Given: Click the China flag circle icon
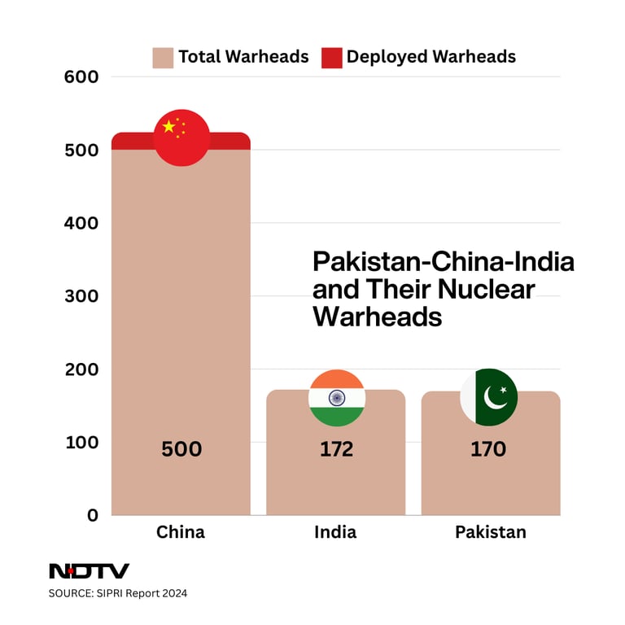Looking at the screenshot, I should click(x=181, y=138).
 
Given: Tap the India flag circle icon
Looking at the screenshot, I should click(x=336, y=398).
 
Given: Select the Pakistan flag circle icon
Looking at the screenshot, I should click(x=489, y=397).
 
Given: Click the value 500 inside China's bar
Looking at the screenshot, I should click(x=181, y=449).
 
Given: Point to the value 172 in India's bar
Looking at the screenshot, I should click(x=336, y=449).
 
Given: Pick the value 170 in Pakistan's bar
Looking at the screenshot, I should click(x=488, y=449).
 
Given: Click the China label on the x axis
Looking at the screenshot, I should click(x=181, y=532).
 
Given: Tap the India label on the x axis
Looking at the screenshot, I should click(x=335, y=532).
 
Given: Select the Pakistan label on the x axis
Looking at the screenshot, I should click(x=490, y=532).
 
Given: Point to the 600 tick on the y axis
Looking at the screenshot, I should click(x=81, y=77).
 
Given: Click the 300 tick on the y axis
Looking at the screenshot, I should click(x=81, y=296).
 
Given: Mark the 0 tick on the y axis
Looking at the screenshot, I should click(x=92, y=515).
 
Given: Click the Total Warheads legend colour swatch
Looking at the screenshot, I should click(x=163, y=58).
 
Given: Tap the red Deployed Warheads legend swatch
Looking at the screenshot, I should click(x=331, y=58).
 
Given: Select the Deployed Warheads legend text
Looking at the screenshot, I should click(x=431, y=57).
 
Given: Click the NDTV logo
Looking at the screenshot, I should click(x=89, y=571).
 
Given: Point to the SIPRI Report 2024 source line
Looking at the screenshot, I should click(x=118, y=593).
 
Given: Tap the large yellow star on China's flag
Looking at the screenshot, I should click(x=168, y=126).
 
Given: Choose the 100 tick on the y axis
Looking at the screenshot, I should click(x=81, y=442).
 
